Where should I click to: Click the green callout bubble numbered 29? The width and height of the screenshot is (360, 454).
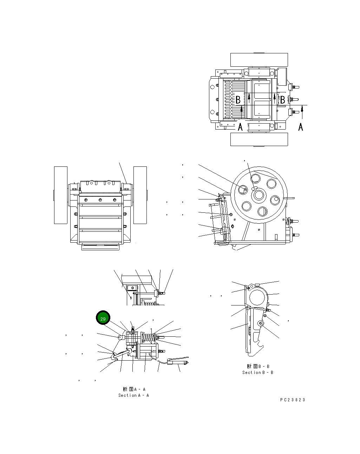pos(103,319)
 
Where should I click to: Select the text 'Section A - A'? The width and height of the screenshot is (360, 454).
pos(133,395)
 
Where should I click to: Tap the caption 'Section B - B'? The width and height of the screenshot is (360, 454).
pos(257,372)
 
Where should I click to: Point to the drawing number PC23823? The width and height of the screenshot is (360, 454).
pos(293,400)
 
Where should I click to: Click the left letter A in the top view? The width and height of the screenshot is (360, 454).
pos(240,127)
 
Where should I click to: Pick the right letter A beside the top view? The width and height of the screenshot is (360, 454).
pos(301,127)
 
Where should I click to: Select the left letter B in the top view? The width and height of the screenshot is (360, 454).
pos(238,100)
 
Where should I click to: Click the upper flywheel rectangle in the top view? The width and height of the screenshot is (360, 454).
pos(259,60)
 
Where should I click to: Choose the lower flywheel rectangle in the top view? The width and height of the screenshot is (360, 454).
pos(259,139)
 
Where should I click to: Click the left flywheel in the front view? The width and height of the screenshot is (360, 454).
pos(60,195)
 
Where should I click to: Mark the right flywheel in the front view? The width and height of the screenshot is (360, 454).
pos(140,195)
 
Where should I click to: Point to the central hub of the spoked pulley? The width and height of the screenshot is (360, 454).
pos(259,195)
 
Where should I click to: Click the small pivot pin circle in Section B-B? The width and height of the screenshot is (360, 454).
pos(260,323)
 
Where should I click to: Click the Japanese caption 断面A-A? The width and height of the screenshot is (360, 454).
pos(134,389)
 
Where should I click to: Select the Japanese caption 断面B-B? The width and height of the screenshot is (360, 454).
pos(258,366)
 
